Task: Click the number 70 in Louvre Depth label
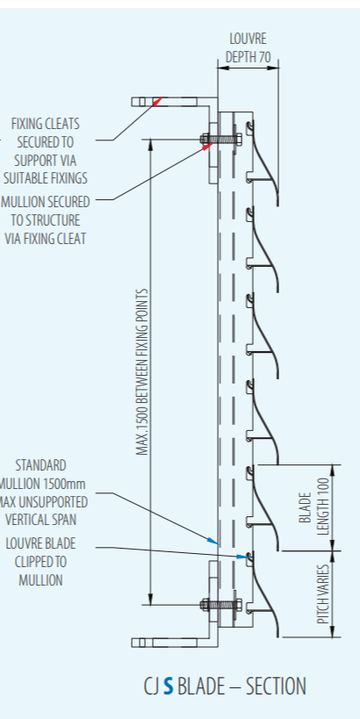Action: coord(264,57)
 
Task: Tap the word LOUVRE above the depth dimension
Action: coord(248,39)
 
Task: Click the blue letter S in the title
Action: coord(169,687)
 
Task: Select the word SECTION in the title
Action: coord(276,687)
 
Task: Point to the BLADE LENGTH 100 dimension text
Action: coord(314,507)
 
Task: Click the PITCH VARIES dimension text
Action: coord(323,593)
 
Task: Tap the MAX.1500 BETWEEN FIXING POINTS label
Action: coord(142,372)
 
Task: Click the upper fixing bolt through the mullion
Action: coord(221,139)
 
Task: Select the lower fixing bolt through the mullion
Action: coord(221,605)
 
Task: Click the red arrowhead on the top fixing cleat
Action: coord(157,101)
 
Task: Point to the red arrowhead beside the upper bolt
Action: coord(208,147)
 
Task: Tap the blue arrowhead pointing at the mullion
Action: coord(212,541)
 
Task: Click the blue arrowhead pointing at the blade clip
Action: coord(242,557)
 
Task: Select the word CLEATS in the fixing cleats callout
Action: coord(62,124)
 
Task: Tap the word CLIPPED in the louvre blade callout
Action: coord(40,562)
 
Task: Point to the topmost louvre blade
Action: coord(263,162)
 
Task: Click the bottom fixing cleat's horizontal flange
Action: coord(165,643)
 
